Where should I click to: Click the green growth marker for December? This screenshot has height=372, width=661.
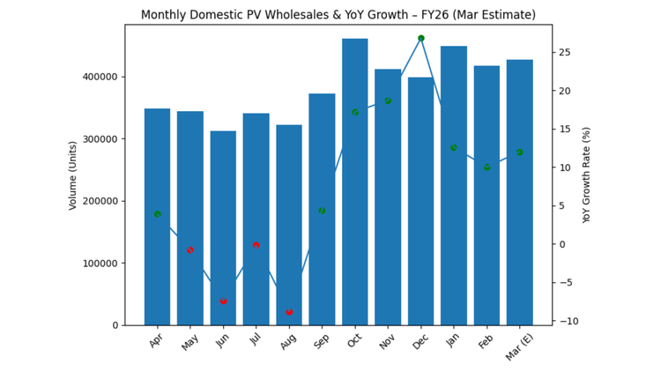tap(420, 39)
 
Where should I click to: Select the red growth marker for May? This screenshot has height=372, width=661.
tap(190, 250)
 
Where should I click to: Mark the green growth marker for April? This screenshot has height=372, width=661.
tap(158, 214)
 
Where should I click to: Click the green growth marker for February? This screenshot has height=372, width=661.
tap(486, 167)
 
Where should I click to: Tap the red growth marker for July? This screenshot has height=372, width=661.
tap(256, 245)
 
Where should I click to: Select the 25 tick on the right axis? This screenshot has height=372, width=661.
tap(564, 53)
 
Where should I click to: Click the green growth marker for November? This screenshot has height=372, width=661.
tap(388, 101)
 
